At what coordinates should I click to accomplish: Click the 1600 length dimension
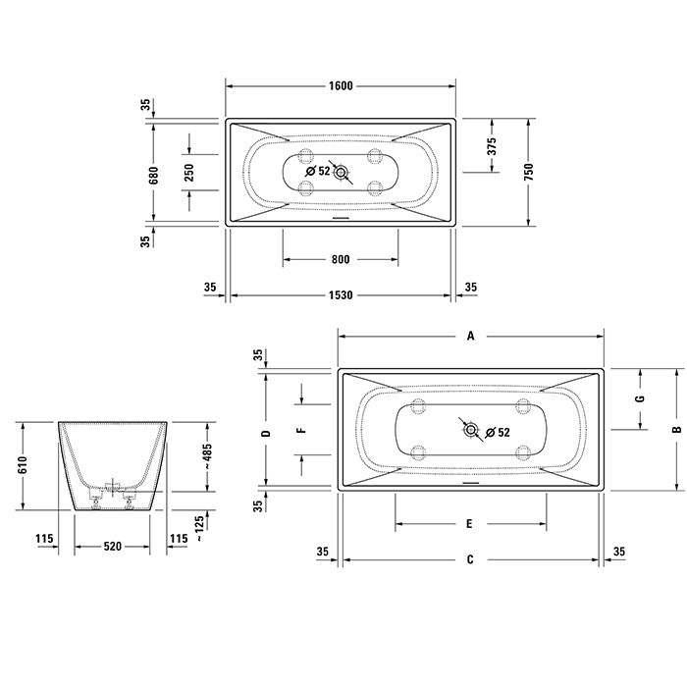tap(341, 85)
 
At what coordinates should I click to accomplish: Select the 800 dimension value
tap(341, 260)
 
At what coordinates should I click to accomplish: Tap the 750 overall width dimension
tap(529, 172)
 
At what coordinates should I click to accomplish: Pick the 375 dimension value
tap(493, 146)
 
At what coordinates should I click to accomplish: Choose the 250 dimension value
tap(190, 173)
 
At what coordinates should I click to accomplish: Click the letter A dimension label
tap(470, 336)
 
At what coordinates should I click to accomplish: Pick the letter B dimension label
tap(676, 430)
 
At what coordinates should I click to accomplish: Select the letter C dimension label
tap(470, 560)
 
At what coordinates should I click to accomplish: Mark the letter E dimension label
tap(470, 524)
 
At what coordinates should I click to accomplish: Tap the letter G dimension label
tap(640, 399)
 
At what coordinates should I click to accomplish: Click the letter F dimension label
tap(303, 430)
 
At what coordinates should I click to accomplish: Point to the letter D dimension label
tap(265, 430)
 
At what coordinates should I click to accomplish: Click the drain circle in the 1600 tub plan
tap(342, 173)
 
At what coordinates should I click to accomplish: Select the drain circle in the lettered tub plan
tap(470, 430)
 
